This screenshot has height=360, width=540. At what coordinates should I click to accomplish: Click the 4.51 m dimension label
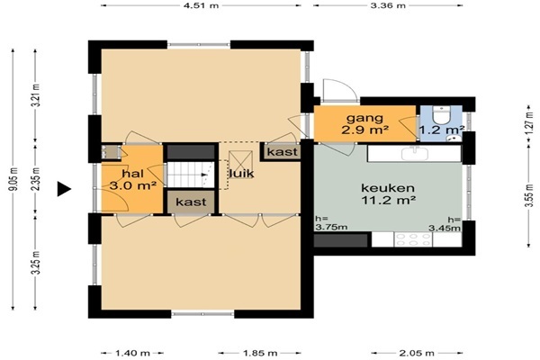tap(201, 5)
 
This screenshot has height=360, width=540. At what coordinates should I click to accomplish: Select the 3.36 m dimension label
tap(388, 5)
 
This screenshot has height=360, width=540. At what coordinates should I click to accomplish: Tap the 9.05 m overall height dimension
tap(13, 179)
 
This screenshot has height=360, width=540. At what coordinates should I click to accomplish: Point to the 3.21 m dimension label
tap(35, 95)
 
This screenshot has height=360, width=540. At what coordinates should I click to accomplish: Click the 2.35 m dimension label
tap(35, 179)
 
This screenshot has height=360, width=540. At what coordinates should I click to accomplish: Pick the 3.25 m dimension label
tap(35, 263)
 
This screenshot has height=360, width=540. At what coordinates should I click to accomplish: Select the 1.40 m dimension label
tap(132, 353)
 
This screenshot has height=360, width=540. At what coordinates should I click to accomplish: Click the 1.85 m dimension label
tap(260, 353)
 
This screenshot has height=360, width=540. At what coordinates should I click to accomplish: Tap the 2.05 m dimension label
tap(417, 353)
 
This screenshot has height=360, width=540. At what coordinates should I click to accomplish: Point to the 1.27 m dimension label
tap(530, 122)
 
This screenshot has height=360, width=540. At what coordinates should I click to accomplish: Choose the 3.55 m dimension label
tap(530, 195)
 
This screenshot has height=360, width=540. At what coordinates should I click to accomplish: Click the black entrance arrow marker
tap(64, 189)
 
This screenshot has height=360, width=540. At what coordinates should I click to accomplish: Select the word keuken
tap(388, 188)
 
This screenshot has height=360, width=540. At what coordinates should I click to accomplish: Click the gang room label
tap(364, 118)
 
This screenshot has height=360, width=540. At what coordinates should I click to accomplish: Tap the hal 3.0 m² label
tap(133, 179)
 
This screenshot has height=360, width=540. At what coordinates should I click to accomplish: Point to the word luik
tap(242, 173)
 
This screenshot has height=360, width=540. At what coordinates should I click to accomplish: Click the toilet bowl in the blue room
tap(441, 115)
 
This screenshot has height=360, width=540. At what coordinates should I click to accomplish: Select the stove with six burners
tap(413, 239)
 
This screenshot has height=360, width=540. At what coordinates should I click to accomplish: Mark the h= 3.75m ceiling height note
tap(331, 223)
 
